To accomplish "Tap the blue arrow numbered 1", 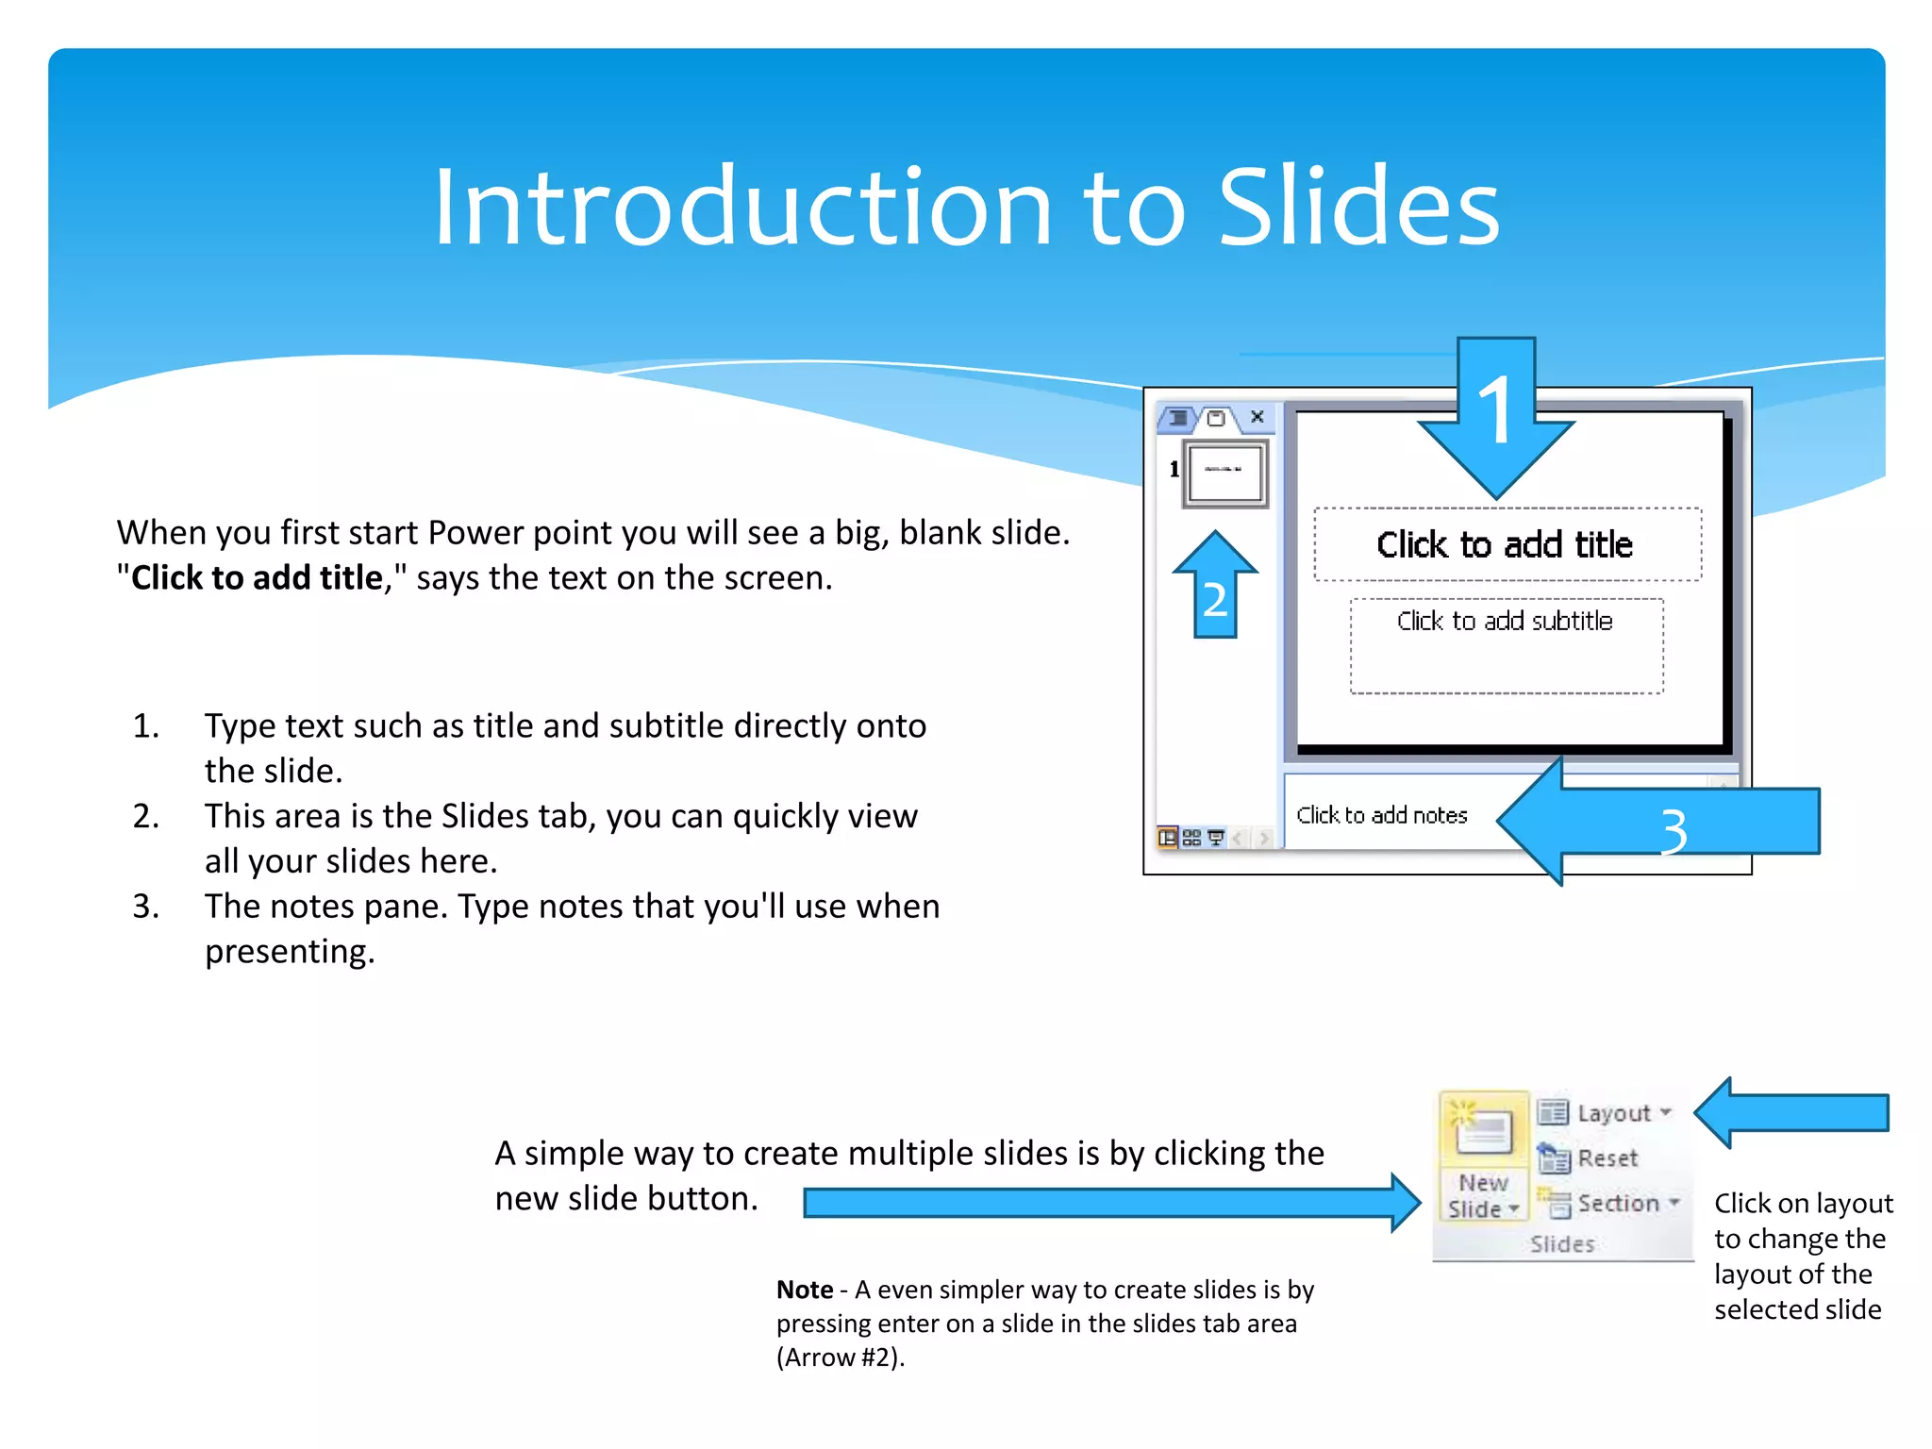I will tap(1496, 420).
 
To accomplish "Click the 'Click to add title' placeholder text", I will tap(1505, 545).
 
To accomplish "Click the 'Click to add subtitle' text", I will tap(1505, 621).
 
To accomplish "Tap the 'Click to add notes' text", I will tap(1381, 815).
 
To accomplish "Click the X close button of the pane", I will tap(1257, 416).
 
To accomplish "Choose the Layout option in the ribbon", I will tap(1605, 1113).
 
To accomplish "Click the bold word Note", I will tap(805, 1290).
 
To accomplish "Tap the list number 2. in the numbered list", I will tap(146, 816).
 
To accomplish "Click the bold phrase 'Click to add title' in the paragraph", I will tap(257, 578).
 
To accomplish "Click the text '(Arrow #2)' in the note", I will tap(840, 1357).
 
